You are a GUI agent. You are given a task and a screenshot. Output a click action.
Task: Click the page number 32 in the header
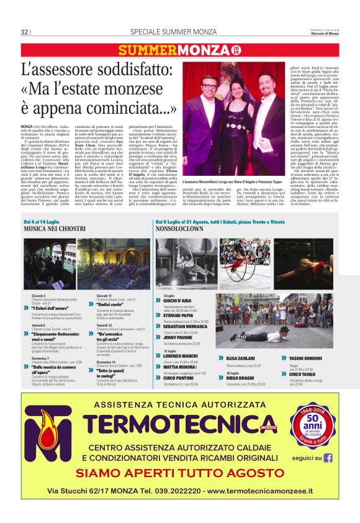click(24, 32)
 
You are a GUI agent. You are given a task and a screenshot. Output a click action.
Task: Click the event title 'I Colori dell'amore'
click(51, 308)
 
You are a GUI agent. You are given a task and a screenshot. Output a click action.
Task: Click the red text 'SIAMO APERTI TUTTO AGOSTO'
click(180, 473)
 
